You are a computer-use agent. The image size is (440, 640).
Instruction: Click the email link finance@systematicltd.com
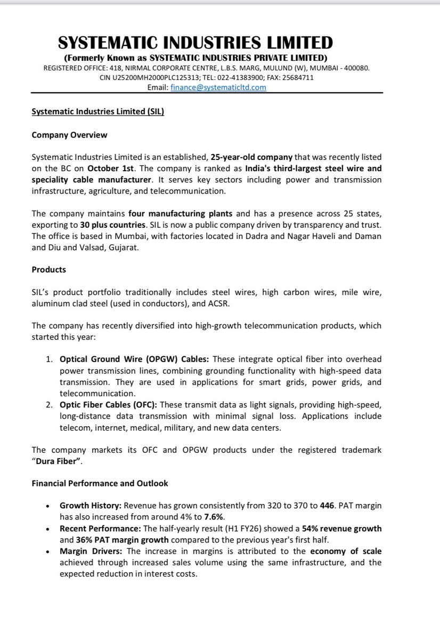point(218,87)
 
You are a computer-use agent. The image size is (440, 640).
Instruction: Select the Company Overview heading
point(69,135)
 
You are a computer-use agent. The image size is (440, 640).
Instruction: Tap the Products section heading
point(48,269)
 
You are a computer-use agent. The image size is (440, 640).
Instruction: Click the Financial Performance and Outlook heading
point(100,483)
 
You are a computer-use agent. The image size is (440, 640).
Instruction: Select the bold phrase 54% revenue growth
point(341,529)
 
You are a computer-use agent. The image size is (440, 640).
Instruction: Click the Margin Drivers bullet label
point(91,551)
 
